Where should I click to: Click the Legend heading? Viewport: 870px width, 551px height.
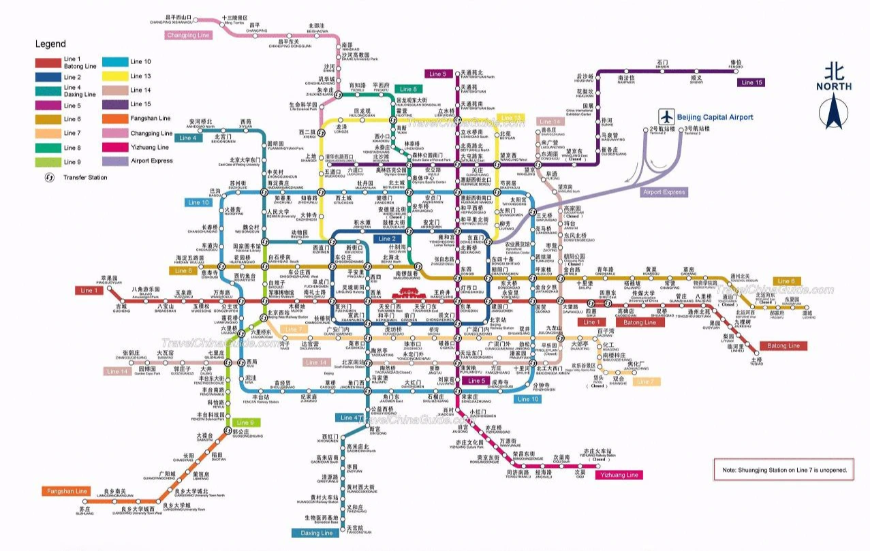(50, 44)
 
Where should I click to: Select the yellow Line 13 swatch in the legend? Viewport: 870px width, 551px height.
(115, 76)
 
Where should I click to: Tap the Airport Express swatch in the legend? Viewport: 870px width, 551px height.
(115, 161)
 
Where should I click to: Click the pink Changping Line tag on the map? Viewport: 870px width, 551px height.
(189, 35)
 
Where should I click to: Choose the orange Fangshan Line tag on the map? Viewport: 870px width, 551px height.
(66, 491)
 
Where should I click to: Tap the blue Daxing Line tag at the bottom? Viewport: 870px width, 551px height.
(317, 533)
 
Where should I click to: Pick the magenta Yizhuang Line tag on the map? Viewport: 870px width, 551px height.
(618, 475)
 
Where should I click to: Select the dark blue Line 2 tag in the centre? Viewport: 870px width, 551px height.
(386, 239)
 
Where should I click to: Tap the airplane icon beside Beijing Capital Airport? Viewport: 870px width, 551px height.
(666, 116)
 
